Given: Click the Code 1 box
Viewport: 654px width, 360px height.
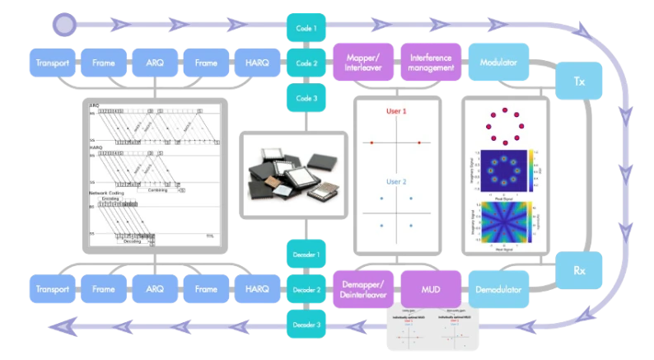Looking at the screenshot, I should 306,28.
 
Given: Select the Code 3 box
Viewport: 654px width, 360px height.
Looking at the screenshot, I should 306,98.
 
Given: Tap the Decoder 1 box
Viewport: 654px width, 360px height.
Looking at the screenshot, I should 306,255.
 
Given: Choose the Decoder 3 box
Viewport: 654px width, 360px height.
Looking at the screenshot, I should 306,325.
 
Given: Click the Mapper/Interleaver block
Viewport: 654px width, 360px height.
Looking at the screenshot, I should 362,63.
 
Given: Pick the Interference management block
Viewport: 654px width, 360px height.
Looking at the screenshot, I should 432,63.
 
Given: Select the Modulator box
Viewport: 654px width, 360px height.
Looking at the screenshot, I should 499,63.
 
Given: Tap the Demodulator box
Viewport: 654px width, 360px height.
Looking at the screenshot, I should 499,290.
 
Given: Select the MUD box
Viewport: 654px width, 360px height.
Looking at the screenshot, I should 432,290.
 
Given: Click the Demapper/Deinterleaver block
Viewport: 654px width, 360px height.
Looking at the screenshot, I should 362,290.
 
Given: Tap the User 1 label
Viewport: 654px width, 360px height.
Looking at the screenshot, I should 396,111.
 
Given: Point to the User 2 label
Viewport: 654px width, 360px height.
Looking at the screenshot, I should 396,182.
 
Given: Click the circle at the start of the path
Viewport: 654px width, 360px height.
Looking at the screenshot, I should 63,24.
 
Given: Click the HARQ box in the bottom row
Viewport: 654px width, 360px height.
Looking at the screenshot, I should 257,290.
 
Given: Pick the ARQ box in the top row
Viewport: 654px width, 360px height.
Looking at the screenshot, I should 155,63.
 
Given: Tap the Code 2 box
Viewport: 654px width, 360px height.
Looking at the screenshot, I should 306,63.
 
